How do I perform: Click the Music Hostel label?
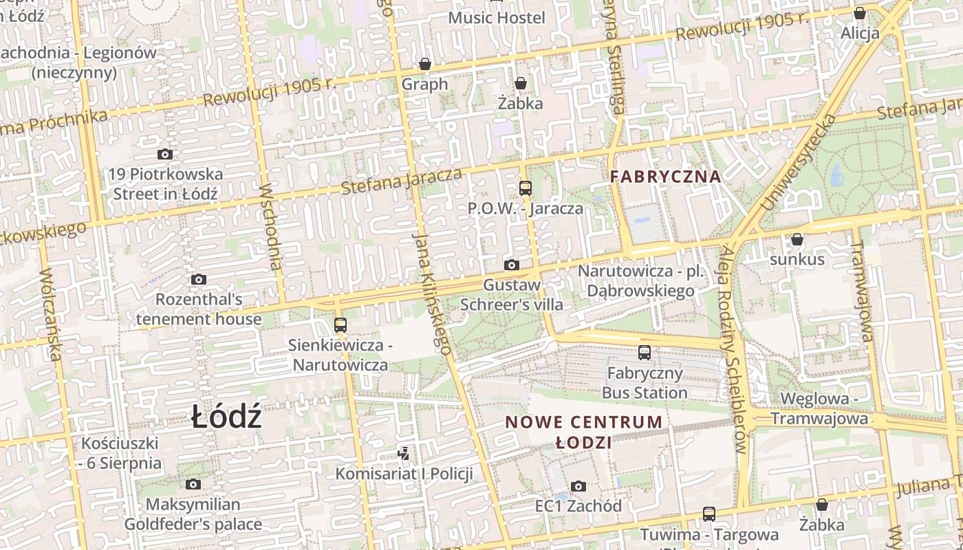click(496, 18)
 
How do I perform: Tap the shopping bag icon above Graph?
click(425, 65)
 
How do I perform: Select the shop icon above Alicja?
click(859, 13)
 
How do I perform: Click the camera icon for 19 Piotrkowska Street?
click(164, 155)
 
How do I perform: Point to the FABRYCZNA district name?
click(665, 177)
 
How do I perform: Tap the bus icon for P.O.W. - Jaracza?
click(526, 188)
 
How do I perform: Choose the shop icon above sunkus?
click(797, 240)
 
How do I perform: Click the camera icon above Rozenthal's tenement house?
click(199, 280)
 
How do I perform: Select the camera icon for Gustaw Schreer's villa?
click(511, 265)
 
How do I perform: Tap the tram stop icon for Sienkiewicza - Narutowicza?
click(340, 325)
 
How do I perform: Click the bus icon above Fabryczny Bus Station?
click(645, 353)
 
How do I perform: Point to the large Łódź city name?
click(226, 417)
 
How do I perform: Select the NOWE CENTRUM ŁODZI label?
click(584, 432)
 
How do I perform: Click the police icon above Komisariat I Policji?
click(404, 454)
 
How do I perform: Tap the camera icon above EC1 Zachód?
click(578, 487)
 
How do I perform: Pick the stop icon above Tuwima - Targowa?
click(708, 514)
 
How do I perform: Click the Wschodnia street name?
click(272, 226)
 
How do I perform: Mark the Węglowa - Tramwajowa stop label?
click(819, 409)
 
